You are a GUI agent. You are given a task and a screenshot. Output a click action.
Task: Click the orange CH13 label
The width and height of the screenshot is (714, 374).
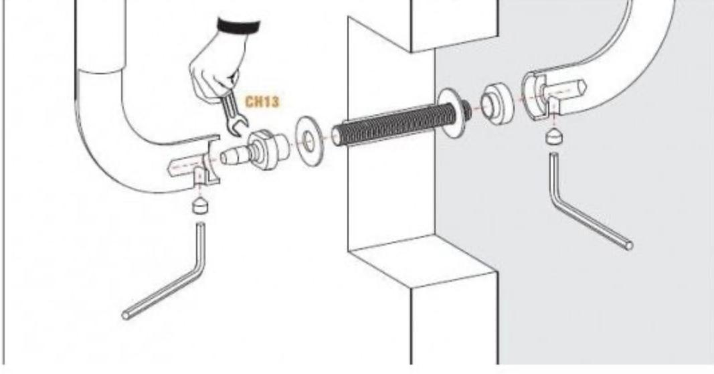coord(262,102)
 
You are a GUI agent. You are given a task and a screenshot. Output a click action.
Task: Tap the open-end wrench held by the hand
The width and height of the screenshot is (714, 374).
coord(234,112)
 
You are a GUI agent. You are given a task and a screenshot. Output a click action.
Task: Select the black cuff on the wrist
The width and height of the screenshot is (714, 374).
coord(239,25)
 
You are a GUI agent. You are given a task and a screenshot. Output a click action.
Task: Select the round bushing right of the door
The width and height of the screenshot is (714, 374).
coord(497,104)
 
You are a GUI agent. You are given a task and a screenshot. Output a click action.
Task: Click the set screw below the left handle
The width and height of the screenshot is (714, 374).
coord(201,205)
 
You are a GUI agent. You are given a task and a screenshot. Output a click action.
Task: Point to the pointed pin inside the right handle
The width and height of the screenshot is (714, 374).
coord(567,88)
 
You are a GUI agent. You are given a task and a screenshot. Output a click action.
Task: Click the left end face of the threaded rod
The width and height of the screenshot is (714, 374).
coord(337,136)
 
